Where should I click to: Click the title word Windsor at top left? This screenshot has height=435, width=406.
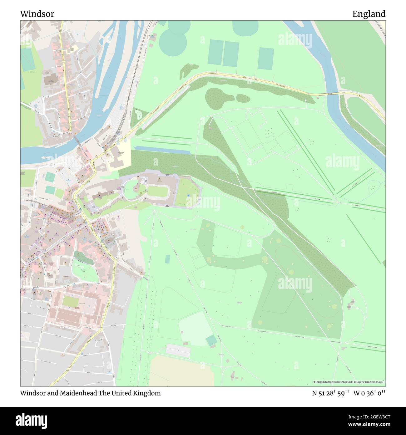click(x=37, y=14)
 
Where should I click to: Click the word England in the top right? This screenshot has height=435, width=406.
click(x=369, y=14)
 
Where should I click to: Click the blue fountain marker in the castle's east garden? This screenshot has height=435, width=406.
click(x=189, y=195)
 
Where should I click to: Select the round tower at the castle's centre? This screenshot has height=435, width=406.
click(x=136, y=189)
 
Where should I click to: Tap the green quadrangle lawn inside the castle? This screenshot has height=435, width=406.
click(x=157, y=190)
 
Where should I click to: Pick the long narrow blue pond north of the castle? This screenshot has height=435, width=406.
click(x=162, y=150)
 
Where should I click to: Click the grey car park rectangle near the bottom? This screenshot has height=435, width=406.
click(x=178, y=351)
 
